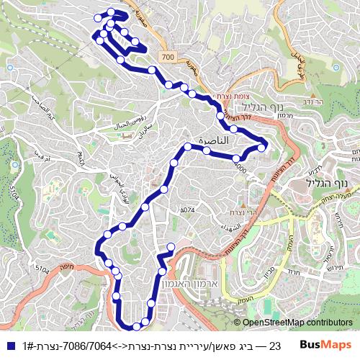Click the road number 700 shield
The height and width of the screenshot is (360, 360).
pos(168,56)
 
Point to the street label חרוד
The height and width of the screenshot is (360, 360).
pos(293,272)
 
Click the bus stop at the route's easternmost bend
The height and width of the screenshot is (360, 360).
pos(262,148)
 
